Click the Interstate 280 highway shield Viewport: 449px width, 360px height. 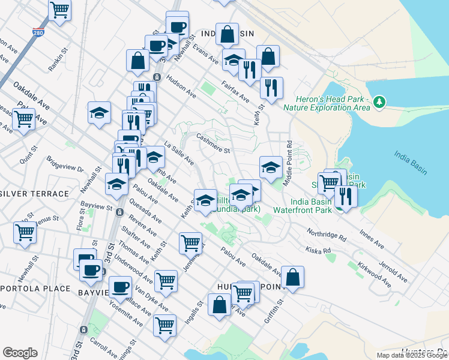point(38,34)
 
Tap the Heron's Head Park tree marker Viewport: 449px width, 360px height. point(379,103)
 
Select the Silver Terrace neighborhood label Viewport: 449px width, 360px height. point(34,194)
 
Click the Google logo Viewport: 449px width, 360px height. point(20,353)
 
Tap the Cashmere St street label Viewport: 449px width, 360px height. point(214,145)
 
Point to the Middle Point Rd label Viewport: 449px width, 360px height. point(289,154)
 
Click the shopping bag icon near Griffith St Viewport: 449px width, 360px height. point(292,277)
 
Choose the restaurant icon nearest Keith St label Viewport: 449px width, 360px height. point(271,88)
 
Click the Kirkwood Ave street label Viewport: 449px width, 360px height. point(370,274)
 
